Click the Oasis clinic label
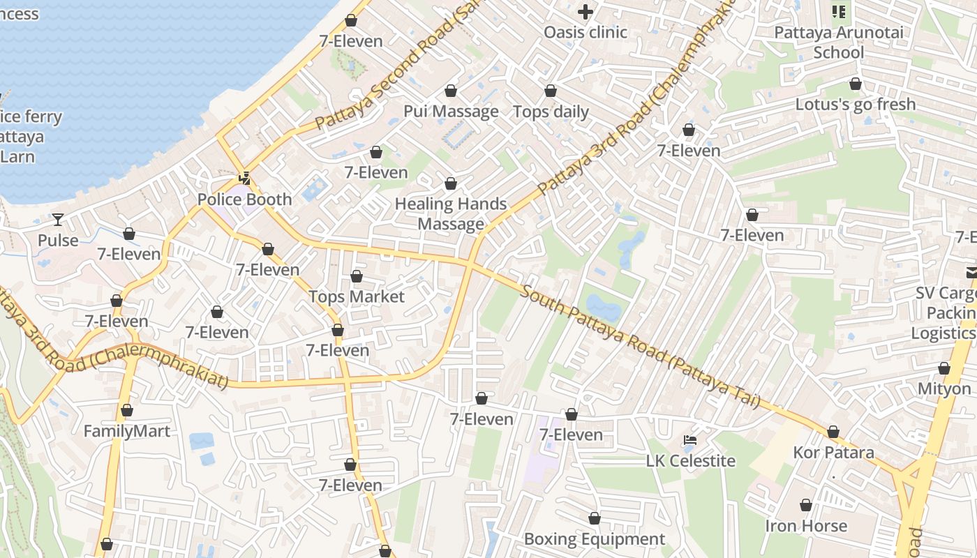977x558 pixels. pyautogui.click(x=586, y=32)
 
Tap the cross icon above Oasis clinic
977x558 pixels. pyautogui.click(x=586, y=11)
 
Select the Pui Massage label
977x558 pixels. pyautogui.click(x=451, y=112)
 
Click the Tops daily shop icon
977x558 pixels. pyautogui.click(x=551, y=91)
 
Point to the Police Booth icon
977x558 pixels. pyautogui.click(x=244, y=179)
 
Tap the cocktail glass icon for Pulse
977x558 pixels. pyautogui.click(x=58, y=220)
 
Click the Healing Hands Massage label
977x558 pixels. pyautogui.click(x=451, y=213)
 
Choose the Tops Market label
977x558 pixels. pyautogui.click(x=357, y=296)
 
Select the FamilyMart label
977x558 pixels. pyautogui.click(x=126, y=431)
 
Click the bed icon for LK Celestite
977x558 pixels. pyautogui.click(x=690, y=440)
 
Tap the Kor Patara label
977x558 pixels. pyautogui.click(x=833, y=452)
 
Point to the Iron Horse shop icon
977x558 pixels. pyautogui.click(x=806, y=505)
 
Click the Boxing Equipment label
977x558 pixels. pyautogui.click(x=594, y=538)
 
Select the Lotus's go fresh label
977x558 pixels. pyautogui.click(x=856, y=104)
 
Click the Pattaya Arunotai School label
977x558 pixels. pyautogui.click(x=839, y=43)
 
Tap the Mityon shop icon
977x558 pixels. pyautogui.click(x=944, y=368)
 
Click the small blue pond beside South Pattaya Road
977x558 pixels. pyautogui.click(x=603, y=307)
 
